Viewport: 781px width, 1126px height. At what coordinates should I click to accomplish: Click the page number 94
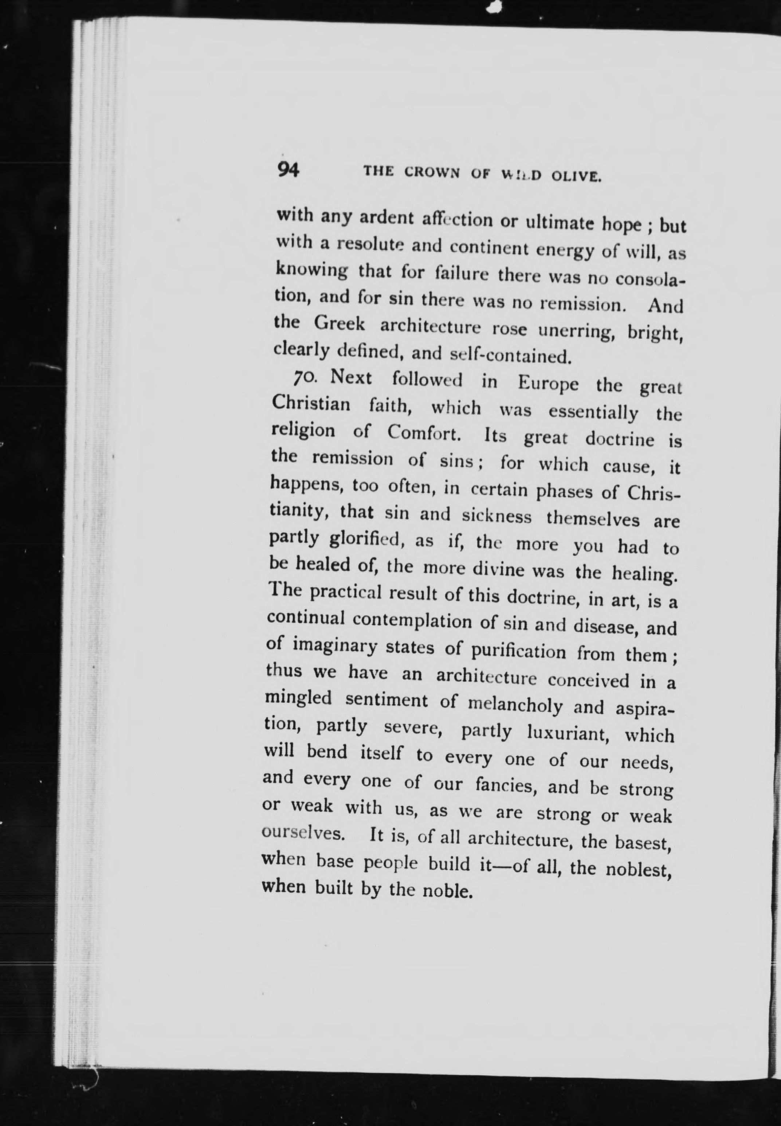[288, 169]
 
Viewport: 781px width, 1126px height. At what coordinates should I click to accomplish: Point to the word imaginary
[335, 646]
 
